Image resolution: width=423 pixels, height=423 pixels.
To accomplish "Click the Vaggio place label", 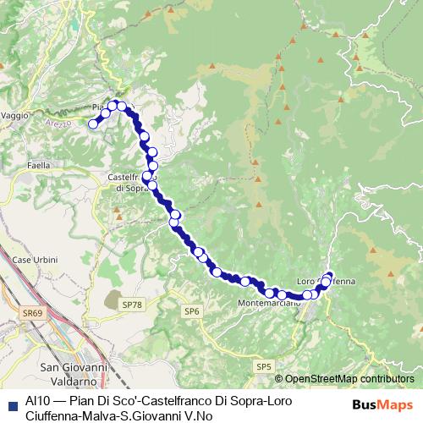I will click(x=14, y=114).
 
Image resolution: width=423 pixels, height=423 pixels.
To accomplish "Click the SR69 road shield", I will click(x=33, y=313).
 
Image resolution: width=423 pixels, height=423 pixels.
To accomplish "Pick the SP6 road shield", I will click(x=193, y=311).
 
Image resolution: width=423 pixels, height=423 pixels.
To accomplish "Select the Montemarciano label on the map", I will click(x=269, y=304).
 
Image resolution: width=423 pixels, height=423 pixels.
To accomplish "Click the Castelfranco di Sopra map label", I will click(x=129, y=182).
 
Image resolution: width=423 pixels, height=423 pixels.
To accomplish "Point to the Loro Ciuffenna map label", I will click(x=327, y=281).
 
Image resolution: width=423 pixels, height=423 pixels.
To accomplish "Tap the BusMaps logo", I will click(x=383, y=404).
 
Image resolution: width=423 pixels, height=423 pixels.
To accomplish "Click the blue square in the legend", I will click(x=12, y=405).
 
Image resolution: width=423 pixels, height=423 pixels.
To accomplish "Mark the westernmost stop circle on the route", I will click(x=93, y=124).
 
